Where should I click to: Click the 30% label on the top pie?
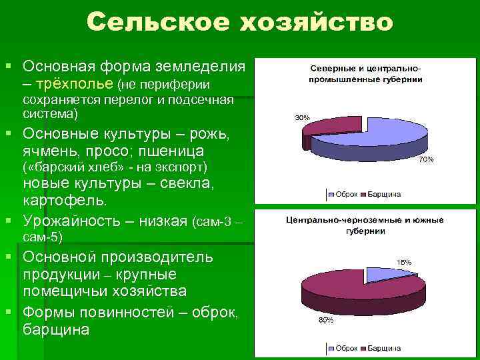pos(302,117)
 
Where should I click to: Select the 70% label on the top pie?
pos(426,160)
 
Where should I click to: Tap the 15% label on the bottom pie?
pos(404,262)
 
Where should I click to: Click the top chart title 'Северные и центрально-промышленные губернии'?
pos(365,74)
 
